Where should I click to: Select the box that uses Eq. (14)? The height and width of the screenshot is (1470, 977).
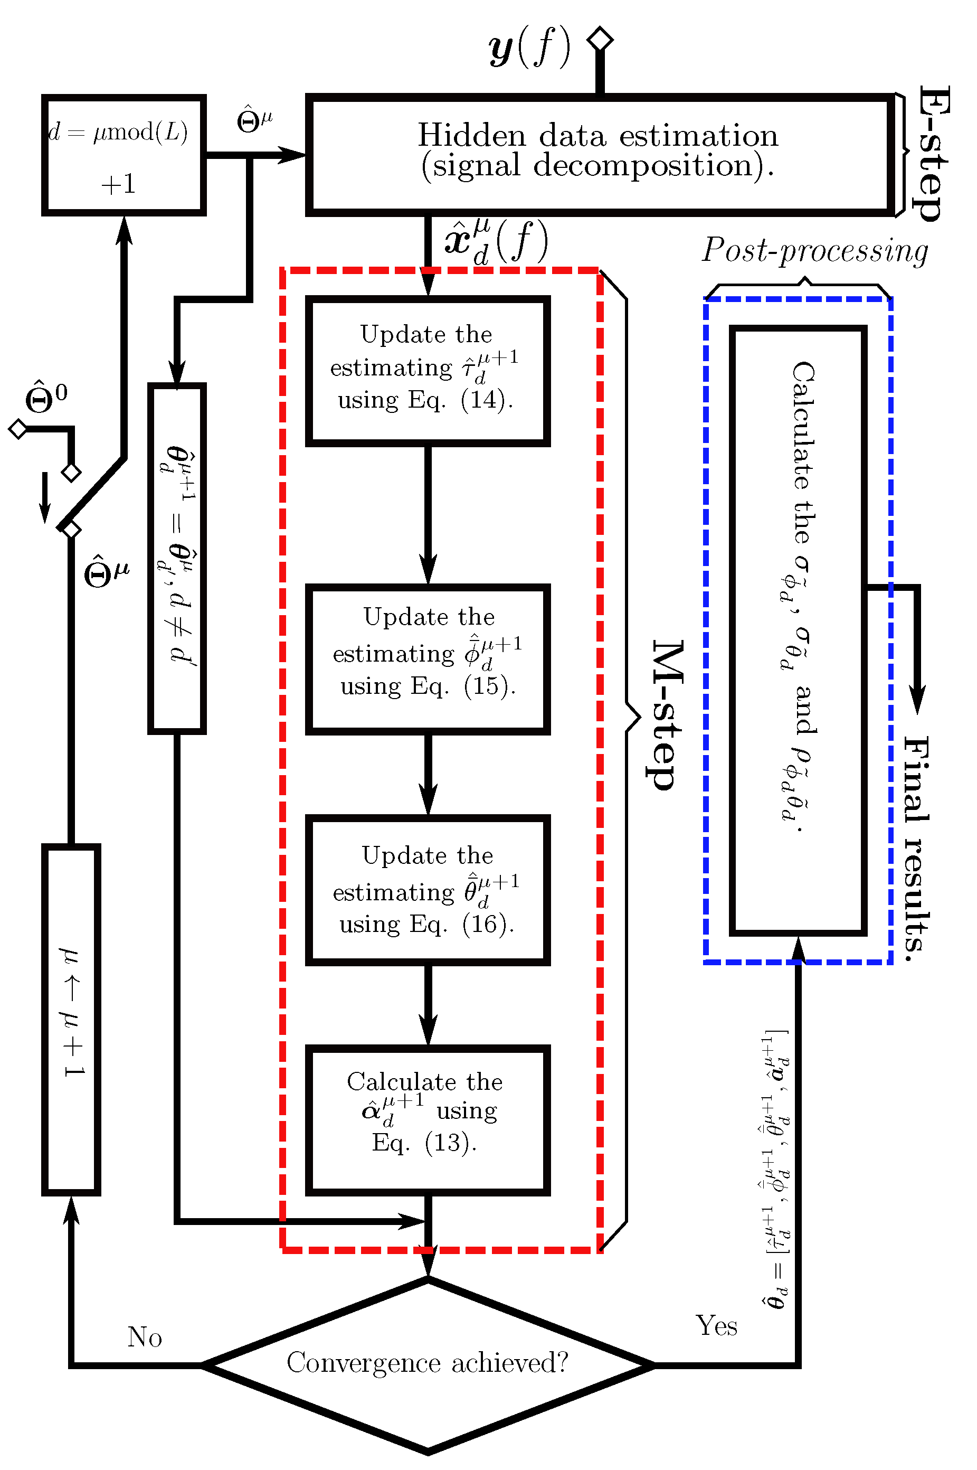[x=428, y=371]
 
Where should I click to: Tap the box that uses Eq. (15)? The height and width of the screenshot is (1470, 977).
[x=428, y=658]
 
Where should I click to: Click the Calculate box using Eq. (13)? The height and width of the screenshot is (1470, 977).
[x=428, y=1119]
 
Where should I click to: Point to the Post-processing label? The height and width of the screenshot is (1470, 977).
[x=815, y=250]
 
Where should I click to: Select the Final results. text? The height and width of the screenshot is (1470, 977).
[x=917, y=847]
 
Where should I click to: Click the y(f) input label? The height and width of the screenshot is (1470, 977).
[x=529, y=48]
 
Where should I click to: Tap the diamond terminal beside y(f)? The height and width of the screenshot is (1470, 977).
[x=600, y=39]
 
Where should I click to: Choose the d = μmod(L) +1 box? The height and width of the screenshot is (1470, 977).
[x=124, y=155]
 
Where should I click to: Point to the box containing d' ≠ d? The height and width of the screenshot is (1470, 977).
[x=177, y=558]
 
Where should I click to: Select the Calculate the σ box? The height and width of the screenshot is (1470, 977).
[x=798, y=630]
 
